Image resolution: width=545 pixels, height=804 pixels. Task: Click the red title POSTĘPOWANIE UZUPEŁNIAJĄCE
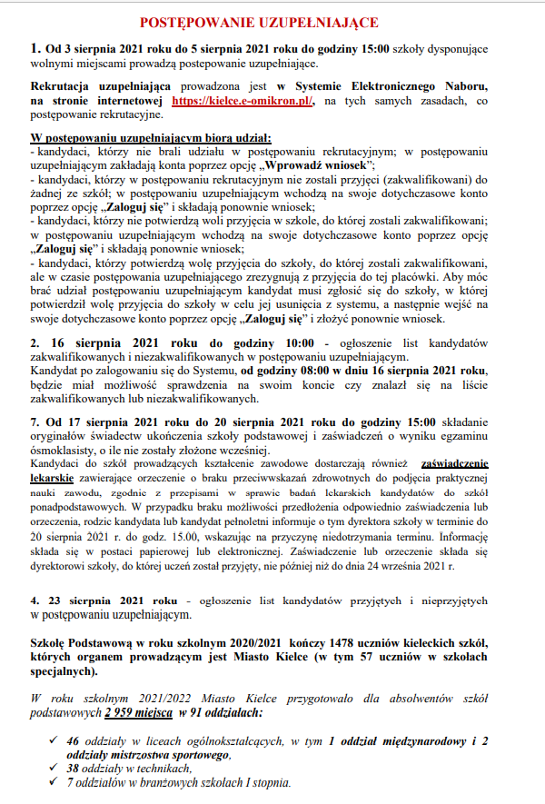[272, 22]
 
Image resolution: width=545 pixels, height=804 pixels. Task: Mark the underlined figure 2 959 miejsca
[139, 715]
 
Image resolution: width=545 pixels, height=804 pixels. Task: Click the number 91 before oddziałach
[196, 715]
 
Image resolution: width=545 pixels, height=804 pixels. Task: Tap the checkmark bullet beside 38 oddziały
[54, 768]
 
